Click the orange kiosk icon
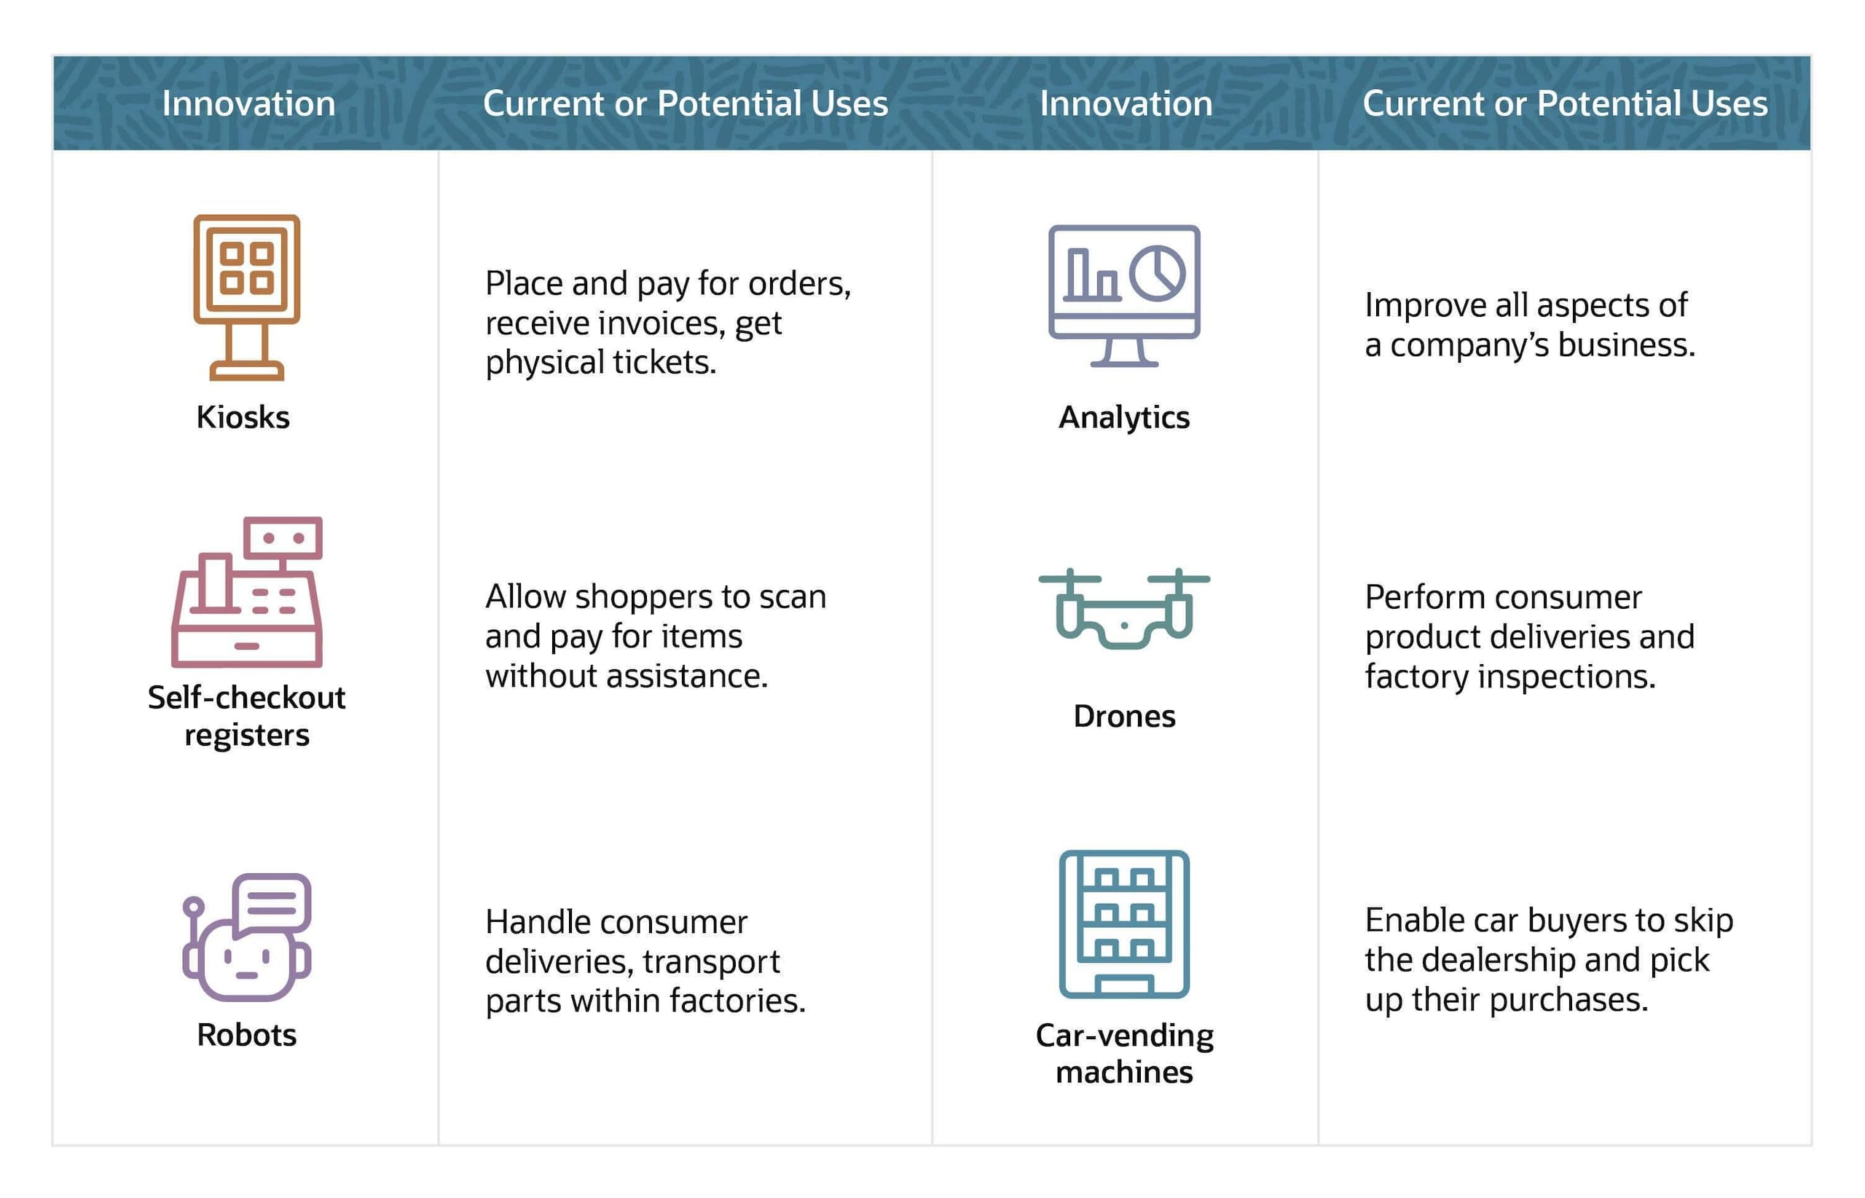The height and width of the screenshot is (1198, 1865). click(247, 297)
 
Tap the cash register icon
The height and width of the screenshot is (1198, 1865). click(247, 592)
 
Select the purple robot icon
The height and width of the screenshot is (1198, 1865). click(247, 937)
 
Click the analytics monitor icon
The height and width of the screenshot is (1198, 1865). click(1123, 296)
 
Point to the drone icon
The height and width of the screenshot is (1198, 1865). click(1123, 608)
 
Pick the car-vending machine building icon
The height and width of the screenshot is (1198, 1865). click(1123, 924)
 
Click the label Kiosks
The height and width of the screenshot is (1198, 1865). click(243, 418)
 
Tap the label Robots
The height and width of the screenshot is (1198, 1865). click(247, 1036)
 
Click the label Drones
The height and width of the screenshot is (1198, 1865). click(1124, 717)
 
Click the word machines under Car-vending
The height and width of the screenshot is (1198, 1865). click(1124, 1073)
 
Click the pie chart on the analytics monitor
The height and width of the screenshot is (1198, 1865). click(1157, 274)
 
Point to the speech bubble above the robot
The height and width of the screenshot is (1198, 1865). click(272, 902)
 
